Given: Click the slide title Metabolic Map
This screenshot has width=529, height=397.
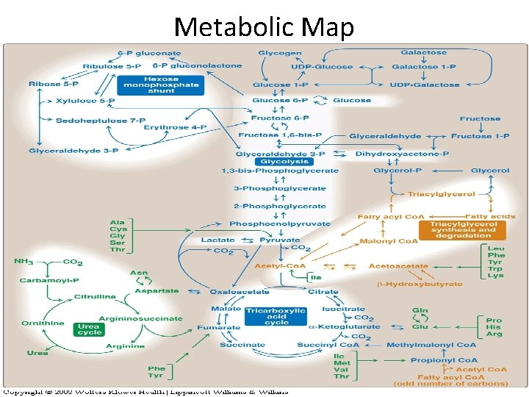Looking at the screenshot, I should click(264, 26).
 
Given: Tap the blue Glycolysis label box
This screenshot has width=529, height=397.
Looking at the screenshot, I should click(284, 161).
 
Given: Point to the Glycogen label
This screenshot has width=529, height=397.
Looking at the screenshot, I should click(279, 53).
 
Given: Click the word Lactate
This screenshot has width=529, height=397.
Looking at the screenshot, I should click(218, 240).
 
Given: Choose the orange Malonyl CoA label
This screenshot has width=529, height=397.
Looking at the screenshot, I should click(389, 240).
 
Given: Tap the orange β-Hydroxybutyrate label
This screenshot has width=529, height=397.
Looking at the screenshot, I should click(420, 283).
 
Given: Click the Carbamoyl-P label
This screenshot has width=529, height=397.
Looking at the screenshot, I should click(46, 280).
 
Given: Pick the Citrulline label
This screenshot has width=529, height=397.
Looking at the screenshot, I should click(95, 296).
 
